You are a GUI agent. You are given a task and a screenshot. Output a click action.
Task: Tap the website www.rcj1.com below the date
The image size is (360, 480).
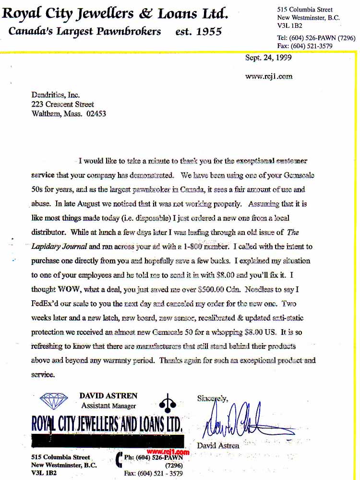point(269,76)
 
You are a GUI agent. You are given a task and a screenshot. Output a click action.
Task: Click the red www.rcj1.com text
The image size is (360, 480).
point(168,452)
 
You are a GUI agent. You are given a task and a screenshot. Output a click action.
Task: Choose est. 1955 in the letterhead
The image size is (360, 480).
point(198,32)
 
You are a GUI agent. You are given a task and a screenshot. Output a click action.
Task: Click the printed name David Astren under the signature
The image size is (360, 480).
point(218,445)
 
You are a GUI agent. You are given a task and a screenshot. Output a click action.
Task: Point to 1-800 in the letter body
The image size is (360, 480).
point(201,247)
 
